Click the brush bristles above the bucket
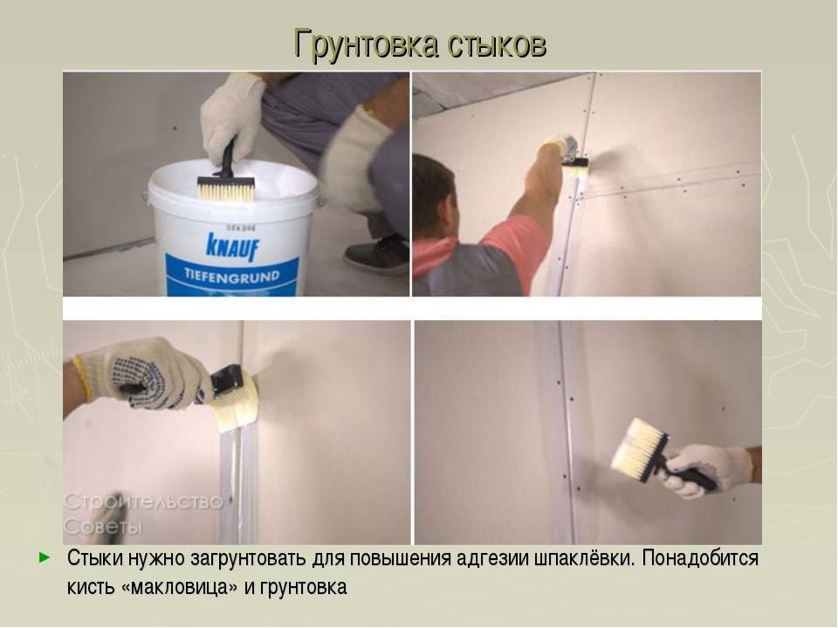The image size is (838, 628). click(224, 188)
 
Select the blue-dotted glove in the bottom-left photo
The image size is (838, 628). click(144, 371)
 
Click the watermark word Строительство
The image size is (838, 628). click(144, 501)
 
